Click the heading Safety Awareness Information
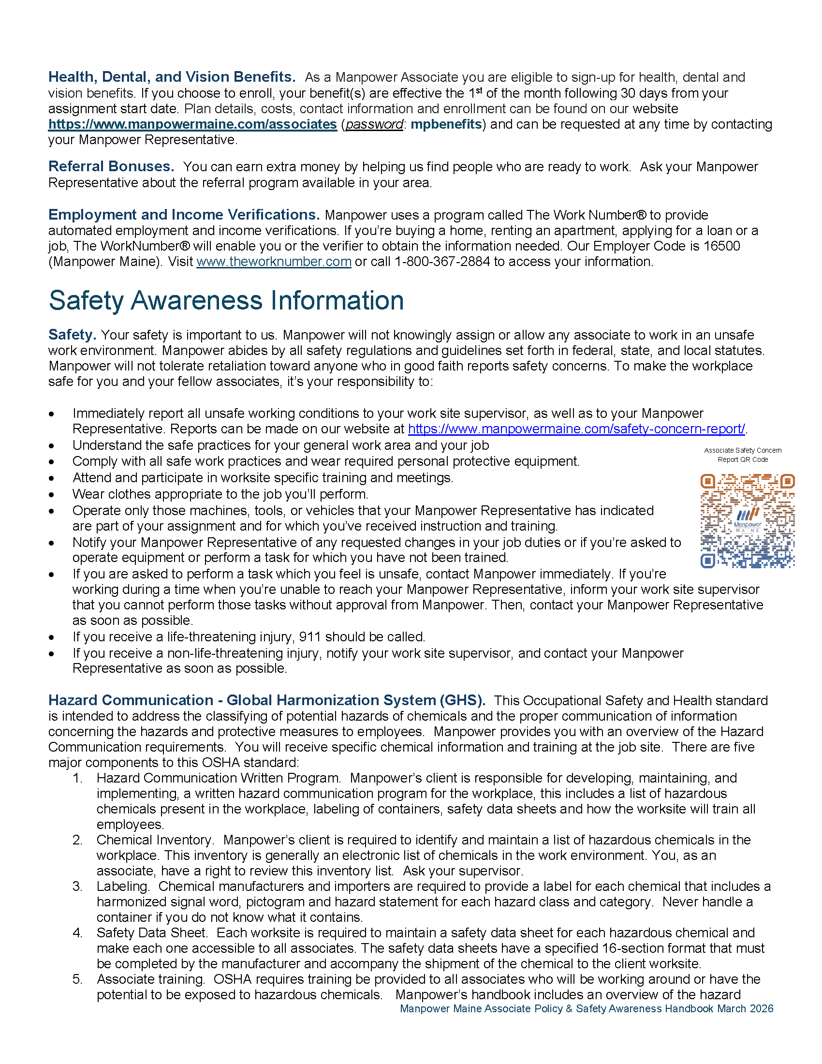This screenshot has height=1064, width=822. (x=226, y=301)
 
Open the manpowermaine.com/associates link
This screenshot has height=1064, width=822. (x=192, y=124)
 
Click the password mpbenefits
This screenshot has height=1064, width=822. (x=446, y=124)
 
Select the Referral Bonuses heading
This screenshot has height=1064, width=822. (x=111, y=167)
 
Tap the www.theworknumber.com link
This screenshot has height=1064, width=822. (x=274, y=262)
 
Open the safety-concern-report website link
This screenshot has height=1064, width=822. (x=576, y=429)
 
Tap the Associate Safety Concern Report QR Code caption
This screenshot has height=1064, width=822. (x=743, y=455)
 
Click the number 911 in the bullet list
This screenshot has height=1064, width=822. (x=310, y=637)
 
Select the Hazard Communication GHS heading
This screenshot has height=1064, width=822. (x=266, y=700)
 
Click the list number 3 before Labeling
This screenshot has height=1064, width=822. (x=77, y=886)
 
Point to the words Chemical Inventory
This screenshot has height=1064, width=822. (x=154, y=840)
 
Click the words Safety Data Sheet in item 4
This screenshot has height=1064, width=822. (x=151, y=932)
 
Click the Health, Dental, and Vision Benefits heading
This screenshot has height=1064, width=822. (x=172, y=77)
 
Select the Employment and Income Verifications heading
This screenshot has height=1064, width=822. (x=184, y=215)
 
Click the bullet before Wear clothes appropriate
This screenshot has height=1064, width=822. (x=52, y=495)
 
